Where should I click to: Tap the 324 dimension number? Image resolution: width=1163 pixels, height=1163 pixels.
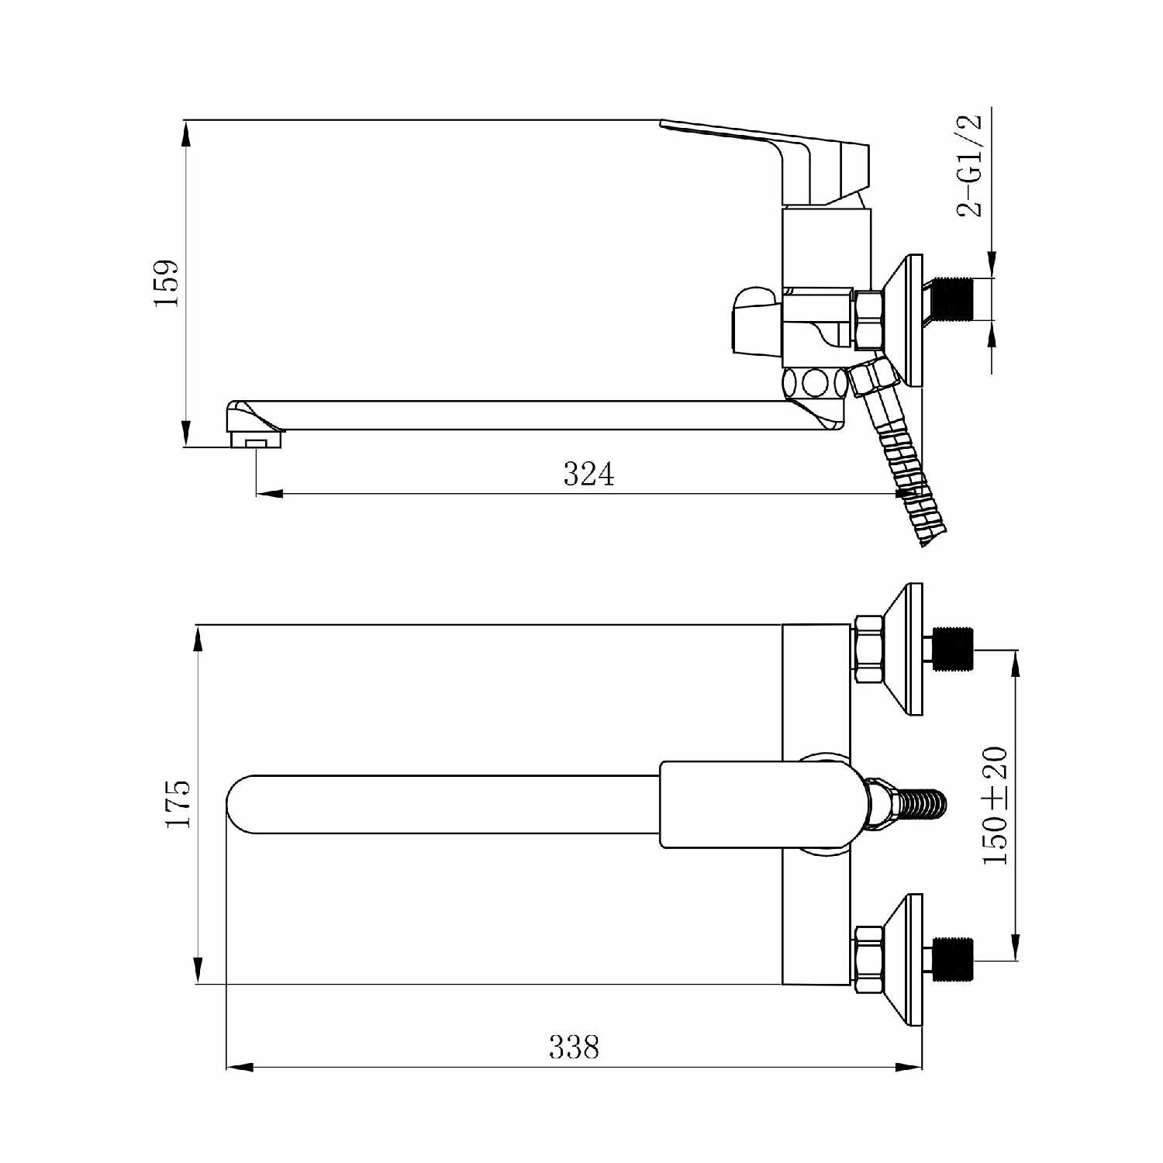point(588,474)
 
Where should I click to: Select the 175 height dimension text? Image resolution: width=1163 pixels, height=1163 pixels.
point(178,804)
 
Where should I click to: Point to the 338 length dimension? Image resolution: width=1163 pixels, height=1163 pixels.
point(575,1047)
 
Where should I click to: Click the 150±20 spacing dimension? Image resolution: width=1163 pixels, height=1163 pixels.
point(995,806)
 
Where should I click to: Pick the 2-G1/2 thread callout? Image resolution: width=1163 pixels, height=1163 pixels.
point(970,166)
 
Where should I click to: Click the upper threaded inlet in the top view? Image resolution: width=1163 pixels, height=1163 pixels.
point(953,648)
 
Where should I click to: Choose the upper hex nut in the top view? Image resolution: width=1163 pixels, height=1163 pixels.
point(868,648)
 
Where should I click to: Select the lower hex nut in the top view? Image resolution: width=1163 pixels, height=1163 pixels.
point(868,959)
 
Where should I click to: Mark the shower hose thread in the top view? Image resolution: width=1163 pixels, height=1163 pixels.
point(922,805)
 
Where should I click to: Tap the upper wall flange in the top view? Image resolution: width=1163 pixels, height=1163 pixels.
point(906,650)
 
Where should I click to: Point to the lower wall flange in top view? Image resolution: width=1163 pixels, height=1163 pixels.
point(906,960)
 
